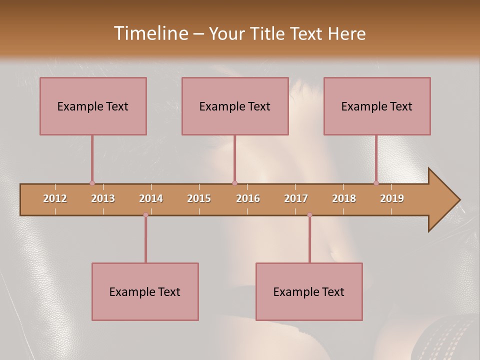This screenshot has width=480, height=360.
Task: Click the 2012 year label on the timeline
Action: click(x=55, y=198)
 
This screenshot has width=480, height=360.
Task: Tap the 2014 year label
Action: click(x=151, y=198)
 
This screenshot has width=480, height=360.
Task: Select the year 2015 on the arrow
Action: click(x=199, y=198)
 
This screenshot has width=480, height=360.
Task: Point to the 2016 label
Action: click(x=248, y=198)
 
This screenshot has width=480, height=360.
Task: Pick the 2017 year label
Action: click(x=296, y=198)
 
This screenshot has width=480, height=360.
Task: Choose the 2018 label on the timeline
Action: click(x=344, y=198)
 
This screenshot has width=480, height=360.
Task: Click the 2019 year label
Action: click(x=392, y=198)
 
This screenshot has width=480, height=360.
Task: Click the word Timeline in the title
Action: click(x=149, y=33)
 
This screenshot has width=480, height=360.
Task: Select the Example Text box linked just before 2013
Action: click(x=93, y=106)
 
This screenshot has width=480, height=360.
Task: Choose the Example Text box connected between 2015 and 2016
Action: click(x=235, y=106)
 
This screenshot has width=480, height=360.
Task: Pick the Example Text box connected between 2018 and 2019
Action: click(x=377, y=106)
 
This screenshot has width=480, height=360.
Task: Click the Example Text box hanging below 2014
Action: click(x=145, y=291)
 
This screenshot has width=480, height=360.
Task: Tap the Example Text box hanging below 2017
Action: click(x=309, y=291)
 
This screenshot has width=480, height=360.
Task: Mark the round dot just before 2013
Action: click(x=92, y=183)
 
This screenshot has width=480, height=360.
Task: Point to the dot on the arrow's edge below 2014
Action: click(x=145, y=215)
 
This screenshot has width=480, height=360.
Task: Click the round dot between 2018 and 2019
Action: click(x=376, y=183)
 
